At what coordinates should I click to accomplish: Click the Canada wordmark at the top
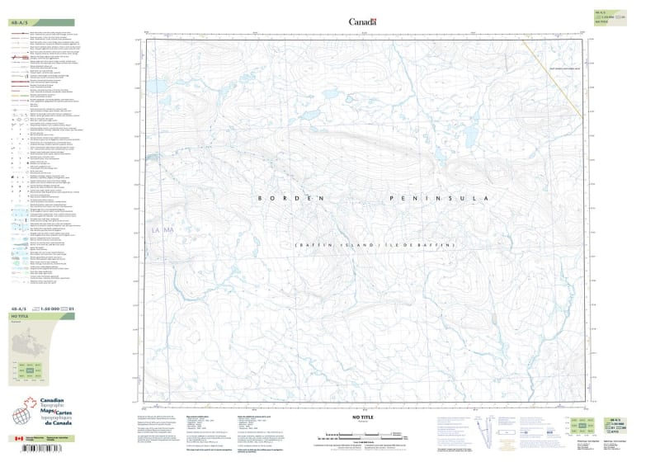pyautogui.click(x=362, y=22)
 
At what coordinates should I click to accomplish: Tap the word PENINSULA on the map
pyautogui.click(x=436, y=199)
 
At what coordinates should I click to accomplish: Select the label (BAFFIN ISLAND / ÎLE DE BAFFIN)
pyautogui.click(x=375, y=246)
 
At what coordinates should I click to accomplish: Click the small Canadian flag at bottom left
pyautogui.click(x=19, y=439)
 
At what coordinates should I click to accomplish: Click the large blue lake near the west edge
pyautogui.click(x=155, y=85)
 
